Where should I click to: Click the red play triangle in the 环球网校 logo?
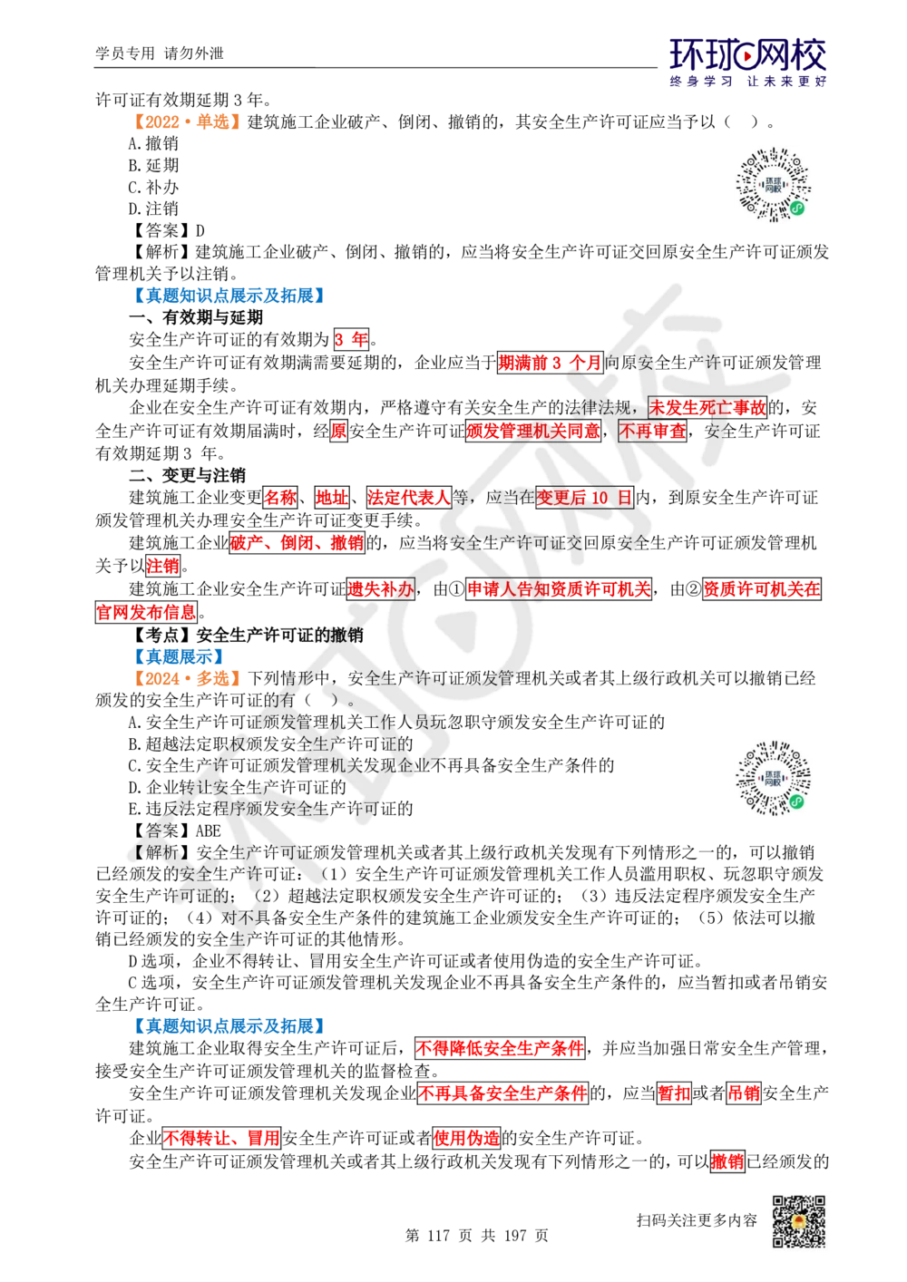click(748, 58)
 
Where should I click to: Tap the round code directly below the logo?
click(775, 185)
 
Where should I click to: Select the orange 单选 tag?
click(185, 121)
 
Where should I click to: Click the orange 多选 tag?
click(185, 678)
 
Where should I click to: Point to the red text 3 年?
click(351, 340)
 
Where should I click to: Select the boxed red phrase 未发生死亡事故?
click(707, 407)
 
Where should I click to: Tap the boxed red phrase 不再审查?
click(652, 431)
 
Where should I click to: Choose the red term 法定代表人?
click(408, 498)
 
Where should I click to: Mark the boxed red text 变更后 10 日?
click(583, 498)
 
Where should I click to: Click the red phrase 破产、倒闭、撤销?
click(297, 542)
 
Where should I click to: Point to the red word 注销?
click(163, 567)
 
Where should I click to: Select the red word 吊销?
click(743, 1093)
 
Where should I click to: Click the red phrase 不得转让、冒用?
click(221, 1138)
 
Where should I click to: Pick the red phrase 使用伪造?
click(466, 1138)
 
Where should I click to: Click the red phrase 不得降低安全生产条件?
click(499, 1049)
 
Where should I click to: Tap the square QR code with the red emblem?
click(798, 1222)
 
